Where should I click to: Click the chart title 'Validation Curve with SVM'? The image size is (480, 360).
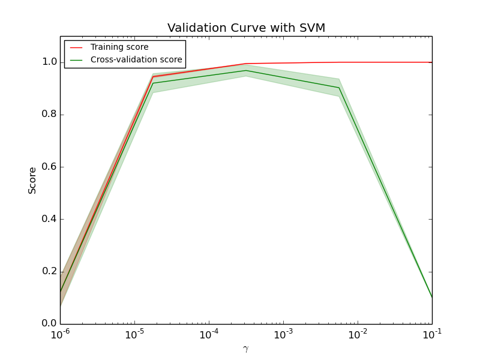click(x=246, y=28)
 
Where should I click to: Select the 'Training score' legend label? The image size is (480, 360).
click(x=119, y=47)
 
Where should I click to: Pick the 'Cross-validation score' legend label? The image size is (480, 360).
click(x=136, y=59)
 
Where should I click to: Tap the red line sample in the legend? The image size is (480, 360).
click(x=76, y=47)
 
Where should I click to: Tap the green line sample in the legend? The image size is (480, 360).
click(x=76, y=59)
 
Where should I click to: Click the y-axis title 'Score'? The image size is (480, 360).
click(x=32, y=180)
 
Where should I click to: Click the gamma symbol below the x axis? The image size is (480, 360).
click(x=245, y=349)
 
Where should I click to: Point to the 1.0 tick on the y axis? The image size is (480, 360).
click(x=50, y=62)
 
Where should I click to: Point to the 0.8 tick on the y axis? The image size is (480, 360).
click(x=50, y=114)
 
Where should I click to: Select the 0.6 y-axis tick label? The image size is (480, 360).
click(x=50, y=167)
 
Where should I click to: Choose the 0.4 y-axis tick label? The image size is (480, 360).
click(x=50, y=219)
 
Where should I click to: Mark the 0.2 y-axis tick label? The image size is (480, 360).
click(x=50, y=271)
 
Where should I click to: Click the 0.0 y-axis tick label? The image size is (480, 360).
click(x=50, y=323)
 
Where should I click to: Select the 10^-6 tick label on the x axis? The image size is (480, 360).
click(x=60, y=334)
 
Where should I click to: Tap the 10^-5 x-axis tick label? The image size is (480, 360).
click(x=134, y=334)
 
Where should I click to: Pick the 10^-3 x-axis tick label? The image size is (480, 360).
click(x=283, y=334)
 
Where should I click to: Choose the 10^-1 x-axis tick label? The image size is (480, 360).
click(x=431, y=334)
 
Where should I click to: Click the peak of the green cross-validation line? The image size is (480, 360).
click(x=245, y=70)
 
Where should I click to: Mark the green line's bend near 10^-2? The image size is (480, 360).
click(x=339, y=88)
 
